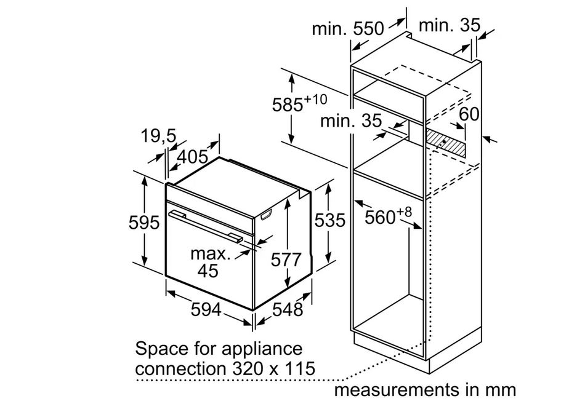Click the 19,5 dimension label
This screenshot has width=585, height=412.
click(x=158, y=136)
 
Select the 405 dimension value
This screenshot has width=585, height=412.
click(x=193, y=157)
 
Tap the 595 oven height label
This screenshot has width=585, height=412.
click(x=144, y=223)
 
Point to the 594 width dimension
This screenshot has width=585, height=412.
click(x=206, y=309)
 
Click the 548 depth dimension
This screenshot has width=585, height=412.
click(x=288, y=309)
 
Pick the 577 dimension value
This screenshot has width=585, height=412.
click(x=286, y=259)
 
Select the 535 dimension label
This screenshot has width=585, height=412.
click(x=330, y=220)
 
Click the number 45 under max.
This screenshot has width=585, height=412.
click(x=208, y=271)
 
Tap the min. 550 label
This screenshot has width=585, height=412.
click(x=348, y=28)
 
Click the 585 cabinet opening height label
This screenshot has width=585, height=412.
click(x=299, y=103)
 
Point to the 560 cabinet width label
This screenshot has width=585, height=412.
click(x=388, y=216)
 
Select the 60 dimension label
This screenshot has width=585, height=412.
click(x=469, y=114)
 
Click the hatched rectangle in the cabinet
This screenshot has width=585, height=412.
click(x=446, y=143)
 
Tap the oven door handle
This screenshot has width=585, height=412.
click(x=204, y=226)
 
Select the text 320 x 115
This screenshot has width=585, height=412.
click(x=273, y=369)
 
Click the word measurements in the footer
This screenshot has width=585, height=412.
click(x=396, y=390)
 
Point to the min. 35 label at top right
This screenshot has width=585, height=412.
click(x=450, y=25)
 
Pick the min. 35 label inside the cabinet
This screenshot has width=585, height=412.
click(x=351, y=121)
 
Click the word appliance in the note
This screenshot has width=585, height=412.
click(x=262, y=350)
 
